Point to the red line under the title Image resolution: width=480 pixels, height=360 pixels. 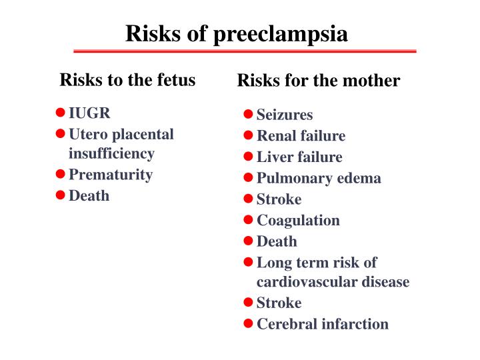click(x=245, y=51)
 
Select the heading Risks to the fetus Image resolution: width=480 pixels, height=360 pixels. click(x=127, y=81)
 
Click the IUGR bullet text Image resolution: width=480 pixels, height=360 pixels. click(x=89, y=112)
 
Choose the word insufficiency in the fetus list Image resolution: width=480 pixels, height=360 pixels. click(x=111, y=153)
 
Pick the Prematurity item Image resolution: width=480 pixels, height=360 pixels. click(x=111, y=175)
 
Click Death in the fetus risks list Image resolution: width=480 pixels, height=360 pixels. click(x=89, y=196)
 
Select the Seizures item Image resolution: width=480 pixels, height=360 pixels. click(x=285, y=115)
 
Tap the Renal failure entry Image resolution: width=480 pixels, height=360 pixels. click(x=301, y=136)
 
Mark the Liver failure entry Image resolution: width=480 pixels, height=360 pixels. click(x=299, y=157)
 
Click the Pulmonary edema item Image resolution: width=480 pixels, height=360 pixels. click(x=319, y=178)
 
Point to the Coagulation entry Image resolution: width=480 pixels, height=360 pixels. click(x=298, y=220)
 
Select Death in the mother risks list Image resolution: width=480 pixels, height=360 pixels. click(x=277, y=241)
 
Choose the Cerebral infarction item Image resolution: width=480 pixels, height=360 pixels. click(x=322, y=324)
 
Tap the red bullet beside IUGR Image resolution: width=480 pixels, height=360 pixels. click(x=60, y=112)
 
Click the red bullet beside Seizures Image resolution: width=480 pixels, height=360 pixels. click(x=248, y=115)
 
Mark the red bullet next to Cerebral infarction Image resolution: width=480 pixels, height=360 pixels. click(x=248, y=324)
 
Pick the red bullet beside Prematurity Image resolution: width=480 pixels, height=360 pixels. click(x=60, y=175)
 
